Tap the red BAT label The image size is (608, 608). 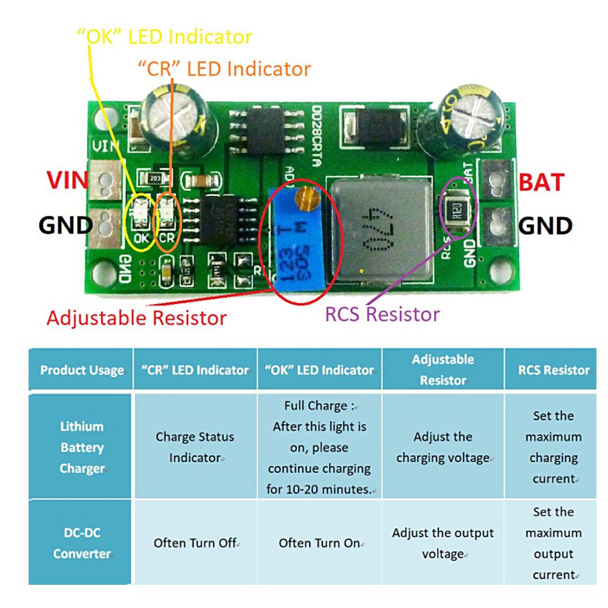click(x=542, y=181)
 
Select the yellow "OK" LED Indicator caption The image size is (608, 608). click(x=164, y=36)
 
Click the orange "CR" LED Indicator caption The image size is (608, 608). click(x=224, y=69)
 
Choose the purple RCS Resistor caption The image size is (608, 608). click(x=382, y=314)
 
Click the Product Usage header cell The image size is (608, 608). click(x=81, y=370)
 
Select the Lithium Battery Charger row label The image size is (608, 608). click(x=81, y=447)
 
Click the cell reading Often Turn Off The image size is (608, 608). click(x=195, y=543)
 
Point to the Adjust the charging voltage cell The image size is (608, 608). click(x=443, y=447)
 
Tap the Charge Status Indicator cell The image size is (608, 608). click(x=195, y=447)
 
